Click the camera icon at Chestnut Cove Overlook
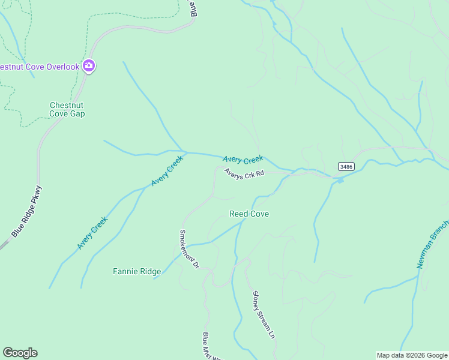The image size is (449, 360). coord(88,66)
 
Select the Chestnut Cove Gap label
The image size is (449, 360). coord(67,109)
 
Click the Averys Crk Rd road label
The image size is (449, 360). coord(244,173)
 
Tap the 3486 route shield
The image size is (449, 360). coord(345,166)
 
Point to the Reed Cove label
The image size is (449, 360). coord(249,214)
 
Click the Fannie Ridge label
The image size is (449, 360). coord(137,271)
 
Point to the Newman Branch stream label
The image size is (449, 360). coord(432,244)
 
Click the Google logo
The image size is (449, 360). coord(20,353)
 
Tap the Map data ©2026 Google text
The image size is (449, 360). coord(412,355)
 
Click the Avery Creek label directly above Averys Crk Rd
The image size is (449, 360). coord(243,160)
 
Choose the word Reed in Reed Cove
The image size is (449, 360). coord(239,214)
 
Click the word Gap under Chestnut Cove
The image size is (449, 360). coord(77,113)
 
